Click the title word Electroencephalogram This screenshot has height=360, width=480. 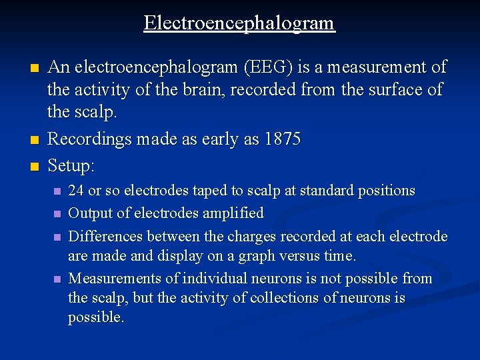click(239, 23)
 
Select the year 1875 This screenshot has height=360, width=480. click(283, 139)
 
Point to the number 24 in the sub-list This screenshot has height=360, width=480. click(76, 191)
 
